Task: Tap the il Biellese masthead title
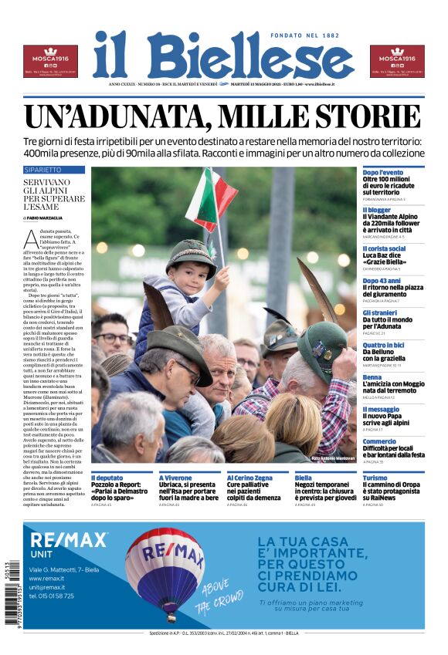[223, 55]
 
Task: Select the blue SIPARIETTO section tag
[42, 169]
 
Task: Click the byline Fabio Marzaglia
[47, 218]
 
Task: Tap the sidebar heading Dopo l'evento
[383, 172]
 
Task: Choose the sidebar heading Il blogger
[377, 210]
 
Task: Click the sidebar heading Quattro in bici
[384, 345]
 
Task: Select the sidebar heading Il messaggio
[382, 410]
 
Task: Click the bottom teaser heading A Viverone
[175, 478]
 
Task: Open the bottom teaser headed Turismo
[375, 478]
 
